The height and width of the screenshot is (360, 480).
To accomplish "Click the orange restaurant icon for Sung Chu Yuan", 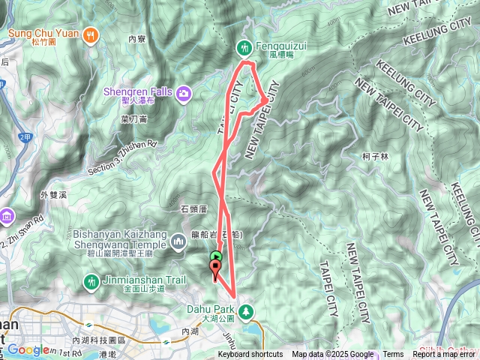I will (91, 33).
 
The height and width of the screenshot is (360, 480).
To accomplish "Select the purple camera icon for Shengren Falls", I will (184, 92).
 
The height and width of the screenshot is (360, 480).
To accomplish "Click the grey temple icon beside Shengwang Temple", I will (178, 241).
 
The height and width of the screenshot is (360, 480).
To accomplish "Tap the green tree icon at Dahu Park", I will (244, 309).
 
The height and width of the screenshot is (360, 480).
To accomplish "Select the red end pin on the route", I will (216, 274).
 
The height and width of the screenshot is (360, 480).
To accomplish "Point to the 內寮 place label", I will (136, 38).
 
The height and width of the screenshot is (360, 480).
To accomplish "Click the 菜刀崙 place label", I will (133, 118).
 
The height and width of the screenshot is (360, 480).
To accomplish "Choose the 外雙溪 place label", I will (54, 194).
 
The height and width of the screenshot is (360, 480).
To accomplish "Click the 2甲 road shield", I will (25, 137).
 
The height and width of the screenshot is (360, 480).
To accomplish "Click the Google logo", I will (28, 349).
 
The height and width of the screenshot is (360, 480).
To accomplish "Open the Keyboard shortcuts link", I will (250, 355).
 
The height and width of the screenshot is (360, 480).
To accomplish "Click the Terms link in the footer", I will (393, 355).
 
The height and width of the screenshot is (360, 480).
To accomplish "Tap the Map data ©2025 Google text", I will (333, 355).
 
